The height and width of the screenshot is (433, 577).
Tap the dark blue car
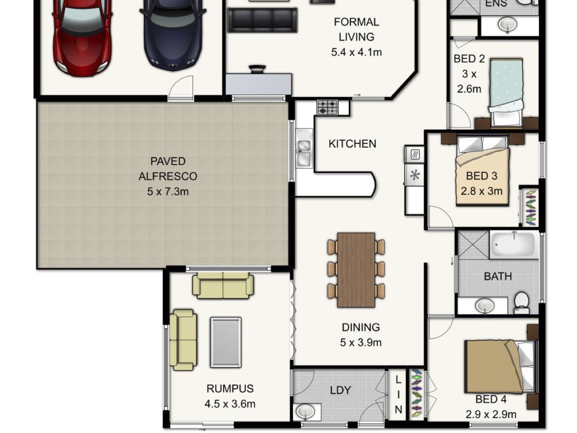pos(173,35)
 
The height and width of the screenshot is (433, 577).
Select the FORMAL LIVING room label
pos(356,29)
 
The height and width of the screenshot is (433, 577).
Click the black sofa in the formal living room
pos(262,20)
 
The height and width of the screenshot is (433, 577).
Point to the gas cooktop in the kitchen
pos(328,107)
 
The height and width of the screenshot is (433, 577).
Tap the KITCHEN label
pos(352,144)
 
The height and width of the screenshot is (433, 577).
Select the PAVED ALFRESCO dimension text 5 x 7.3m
pos(168,192)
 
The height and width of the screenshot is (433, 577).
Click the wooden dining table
pos(356,270)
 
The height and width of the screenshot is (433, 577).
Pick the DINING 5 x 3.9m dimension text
pos(360,342)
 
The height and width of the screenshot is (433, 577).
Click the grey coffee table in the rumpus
pos(226,342)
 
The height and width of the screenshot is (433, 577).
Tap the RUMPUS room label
pos(230,389)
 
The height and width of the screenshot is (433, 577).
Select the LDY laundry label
pos(340,390)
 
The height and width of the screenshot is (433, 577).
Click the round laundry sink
pos(306,411)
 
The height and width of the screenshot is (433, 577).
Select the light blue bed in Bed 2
pos(506,88)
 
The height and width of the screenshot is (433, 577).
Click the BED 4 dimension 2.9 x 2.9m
pos(491,414)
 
